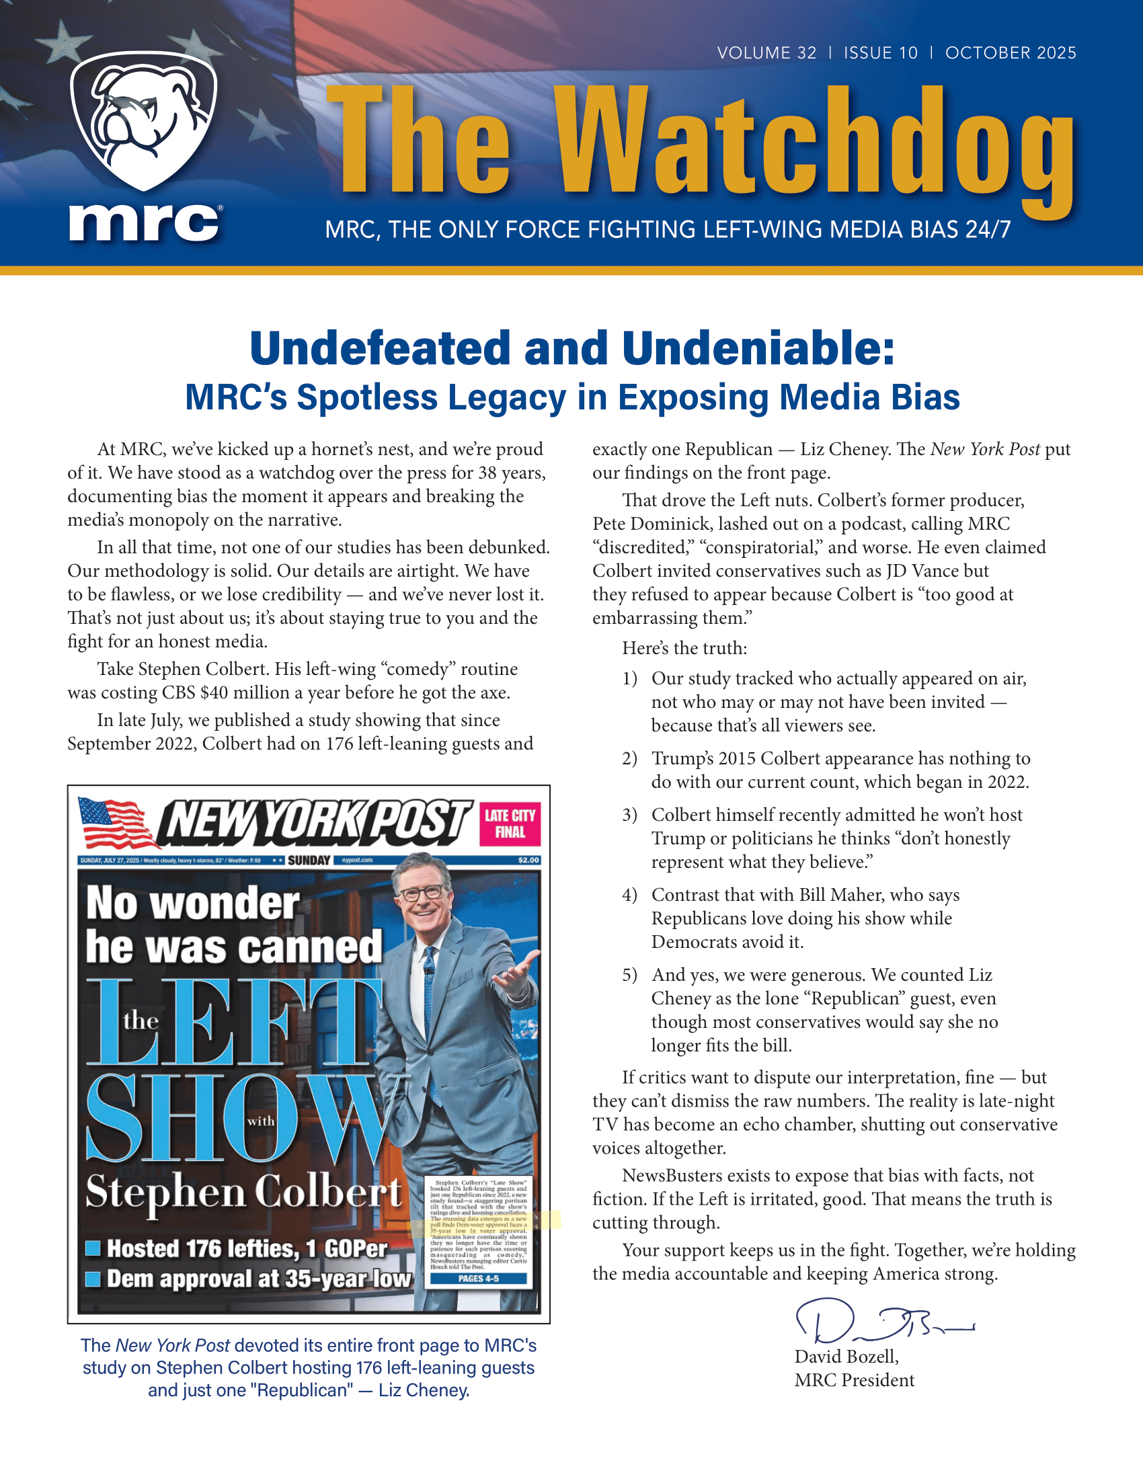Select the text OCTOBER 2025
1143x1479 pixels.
coord(1011,53)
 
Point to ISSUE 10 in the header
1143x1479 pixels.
coord(880,53)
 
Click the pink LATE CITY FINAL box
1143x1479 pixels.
coord(510,824)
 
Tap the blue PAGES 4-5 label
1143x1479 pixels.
coord(478,1279)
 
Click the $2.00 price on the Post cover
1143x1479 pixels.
coord(528,860)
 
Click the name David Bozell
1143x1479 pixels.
coord(846,1357)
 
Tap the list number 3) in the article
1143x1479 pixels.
coord(630,815)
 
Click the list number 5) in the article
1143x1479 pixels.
coord(630,975)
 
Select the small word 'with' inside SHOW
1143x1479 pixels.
coord(261,1121)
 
